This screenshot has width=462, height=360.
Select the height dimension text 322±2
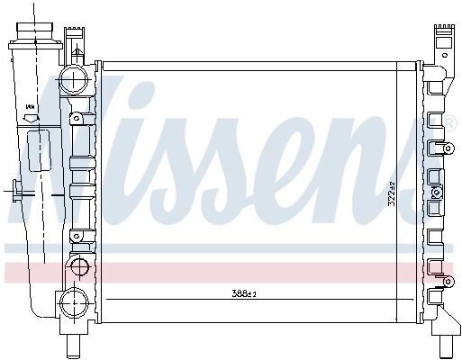tap(391, 195)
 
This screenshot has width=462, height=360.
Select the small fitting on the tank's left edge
tap(17, 190)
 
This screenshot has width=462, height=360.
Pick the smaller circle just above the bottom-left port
tap(79, 267)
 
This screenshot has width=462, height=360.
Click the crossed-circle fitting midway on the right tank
tap(438, 192)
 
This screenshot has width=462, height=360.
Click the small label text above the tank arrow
tap(30, 106)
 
